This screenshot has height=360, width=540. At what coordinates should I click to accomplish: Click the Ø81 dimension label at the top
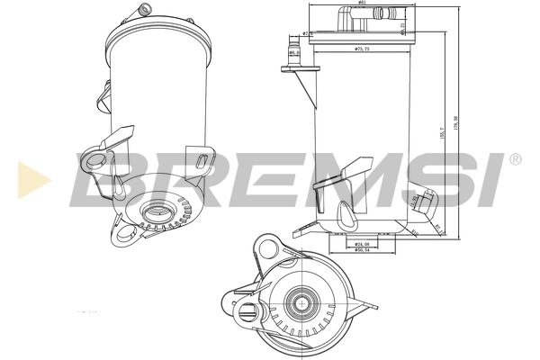[x=362, y=4]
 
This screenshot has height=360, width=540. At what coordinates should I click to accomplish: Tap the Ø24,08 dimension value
[x=364, y=244]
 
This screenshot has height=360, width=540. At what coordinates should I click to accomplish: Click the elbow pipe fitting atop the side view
[x=346, y=16]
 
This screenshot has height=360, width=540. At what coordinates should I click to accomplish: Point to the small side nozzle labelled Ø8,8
[x=294, y=51]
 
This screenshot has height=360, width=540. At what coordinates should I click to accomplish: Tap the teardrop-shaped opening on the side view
[x=345, y=214]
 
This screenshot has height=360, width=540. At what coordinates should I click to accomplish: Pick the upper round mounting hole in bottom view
[x=266, y=246]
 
